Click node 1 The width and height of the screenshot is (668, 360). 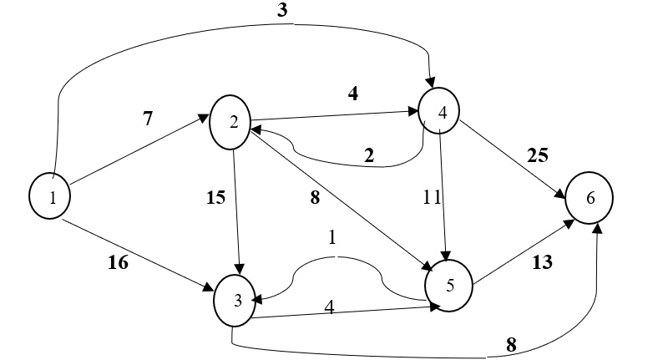(x=49, y=197)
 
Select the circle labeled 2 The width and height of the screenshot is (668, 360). (x=234, y=120)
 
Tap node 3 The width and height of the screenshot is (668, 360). (x=237, y=301)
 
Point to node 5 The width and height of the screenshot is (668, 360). (x=449, y=286)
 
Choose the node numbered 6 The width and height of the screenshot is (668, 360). (x=589, y=199)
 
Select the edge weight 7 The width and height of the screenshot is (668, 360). (x=147, y=119)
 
